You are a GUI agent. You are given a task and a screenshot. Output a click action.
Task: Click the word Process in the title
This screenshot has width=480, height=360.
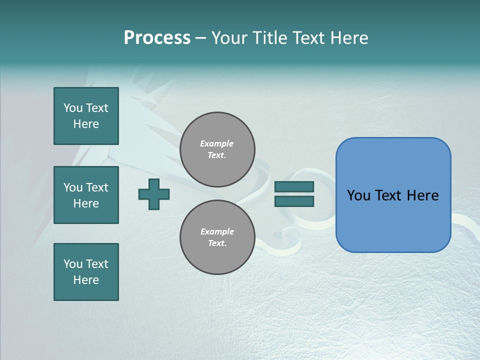(157, 38)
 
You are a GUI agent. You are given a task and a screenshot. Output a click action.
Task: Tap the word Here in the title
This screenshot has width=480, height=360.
(346, 38)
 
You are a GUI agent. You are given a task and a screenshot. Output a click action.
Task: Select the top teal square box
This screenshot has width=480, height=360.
(86, 116)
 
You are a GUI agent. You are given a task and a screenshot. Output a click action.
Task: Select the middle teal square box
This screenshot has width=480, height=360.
(86, 195)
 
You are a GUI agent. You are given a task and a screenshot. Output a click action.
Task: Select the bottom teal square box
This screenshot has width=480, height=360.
(86, 272)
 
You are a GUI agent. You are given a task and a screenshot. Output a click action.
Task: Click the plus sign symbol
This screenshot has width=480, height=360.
(154, 194)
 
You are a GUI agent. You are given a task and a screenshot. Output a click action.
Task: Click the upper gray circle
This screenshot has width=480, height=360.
(217, 149)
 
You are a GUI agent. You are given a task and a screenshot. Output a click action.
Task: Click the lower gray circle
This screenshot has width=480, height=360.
(217, 237)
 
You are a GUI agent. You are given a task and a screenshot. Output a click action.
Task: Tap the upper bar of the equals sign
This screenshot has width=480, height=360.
(294, 187)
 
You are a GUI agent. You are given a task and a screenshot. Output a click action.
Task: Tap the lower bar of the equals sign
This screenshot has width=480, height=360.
(294, 201)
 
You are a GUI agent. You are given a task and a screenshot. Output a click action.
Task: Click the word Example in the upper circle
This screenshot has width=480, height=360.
(217, 143)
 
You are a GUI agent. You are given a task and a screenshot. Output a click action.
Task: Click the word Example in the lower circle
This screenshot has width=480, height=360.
(217, 231)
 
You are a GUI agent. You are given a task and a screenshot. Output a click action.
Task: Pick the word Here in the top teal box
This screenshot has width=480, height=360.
(86, 124)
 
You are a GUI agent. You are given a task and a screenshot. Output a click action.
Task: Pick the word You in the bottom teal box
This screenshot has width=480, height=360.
(73, 264)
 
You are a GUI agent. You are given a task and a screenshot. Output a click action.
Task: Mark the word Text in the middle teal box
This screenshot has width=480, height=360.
(97, 187)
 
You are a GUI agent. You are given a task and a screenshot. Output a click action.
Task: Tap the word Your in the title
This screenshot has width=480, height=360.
(229, 38)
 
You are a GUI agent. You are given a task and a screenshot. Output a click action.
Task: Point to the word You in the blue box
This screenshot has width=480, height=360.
(358, 195)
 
